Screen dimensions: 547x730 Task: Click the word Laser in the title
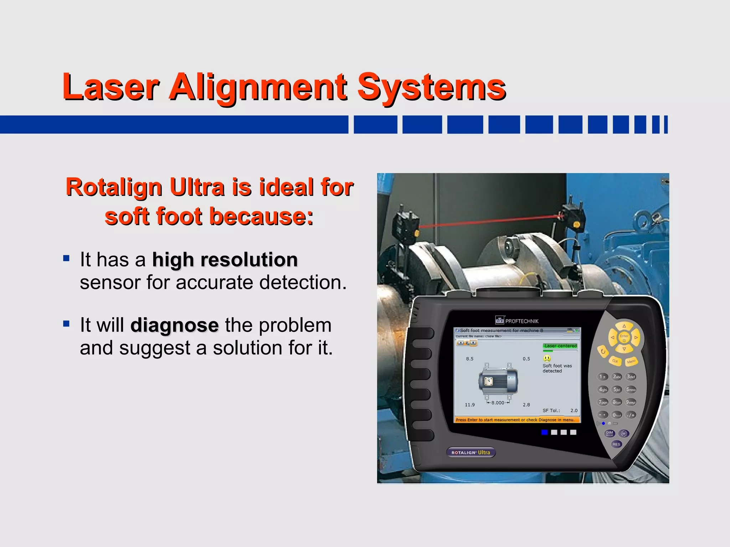110,87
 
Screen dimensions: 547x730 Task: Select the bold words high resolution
225,260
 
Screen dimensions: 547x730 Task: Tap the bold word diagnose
174,325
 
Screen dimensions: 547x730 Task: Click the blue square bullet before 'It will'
66,324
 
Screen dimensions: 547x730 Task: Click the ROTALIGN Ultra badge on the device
471,452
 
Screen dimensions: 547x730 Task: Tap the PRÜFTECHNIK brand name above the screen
521,321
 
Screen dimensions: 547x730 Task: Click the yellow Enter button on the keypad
624,337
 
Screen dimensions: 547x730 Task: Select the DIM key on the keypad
610,433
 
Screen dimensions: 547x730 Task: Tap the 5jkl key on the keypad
617,390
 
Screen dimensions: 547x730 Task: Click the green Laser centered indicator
560,346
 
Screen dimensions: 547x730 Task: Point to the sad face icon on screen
547,358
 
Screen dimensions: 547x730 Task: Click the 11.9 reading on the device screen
470,405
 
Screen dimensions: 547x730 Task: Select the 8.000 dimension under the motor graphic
498,403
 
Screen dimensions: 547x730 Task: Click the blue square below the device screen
544,432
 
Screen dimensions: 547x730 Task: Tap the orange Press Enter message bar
517,420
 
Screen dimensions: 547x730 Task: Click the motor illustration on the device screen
498,381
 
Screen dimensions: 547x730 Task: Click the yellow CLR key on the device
615,361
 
